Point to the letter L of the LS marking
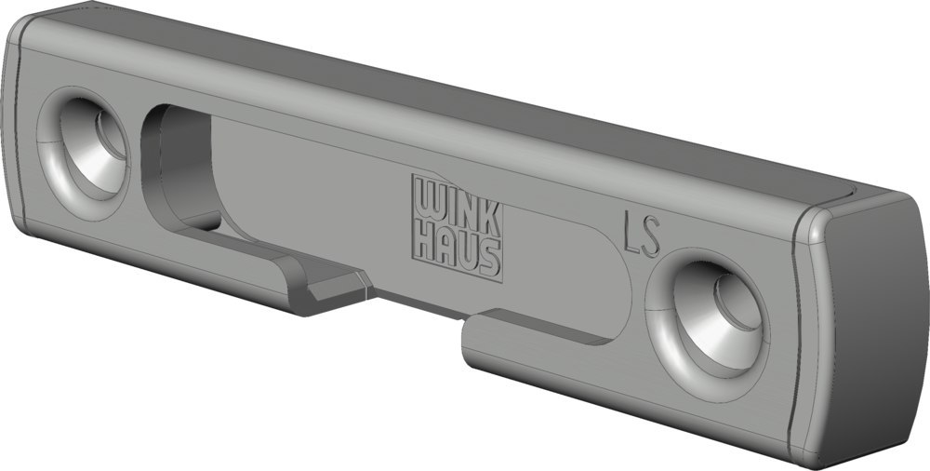(631, 234)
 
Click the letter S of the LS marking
(651, 237)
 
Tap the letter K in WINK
(490, 218)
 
